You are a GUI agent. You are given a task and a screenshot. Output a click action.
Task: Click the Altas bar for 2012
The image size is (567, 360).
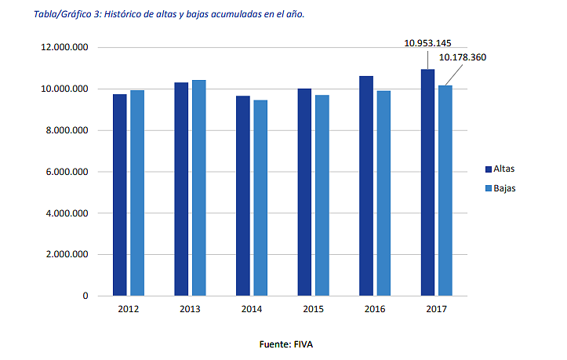tap(119, 195)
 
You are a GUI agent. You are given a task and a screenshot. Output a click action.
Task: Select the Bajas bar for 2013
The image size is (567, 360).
tap(199, 187)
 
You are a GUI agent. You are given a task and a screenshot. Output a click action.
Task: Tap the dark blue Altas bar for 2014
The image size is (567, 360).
tap(243, 195)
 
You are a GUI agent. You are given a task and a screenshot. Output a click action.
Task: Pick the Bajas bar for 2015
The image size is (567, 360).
tap(322, 195)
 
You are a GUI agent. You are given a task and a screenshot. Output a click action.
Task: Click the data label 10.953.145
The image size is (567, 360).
tap(427, 42)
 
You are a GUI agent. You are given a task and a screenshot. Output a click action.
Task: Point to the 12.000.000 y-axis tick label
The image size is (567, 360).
tap(64, 48)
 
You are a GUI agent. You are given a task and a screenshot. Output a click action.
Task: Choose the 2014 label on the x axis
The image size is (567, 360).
tap(251, 310)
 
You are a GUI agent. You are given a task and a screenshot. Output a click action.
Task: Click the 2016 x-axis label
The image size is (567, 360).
tap(375, 310)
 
